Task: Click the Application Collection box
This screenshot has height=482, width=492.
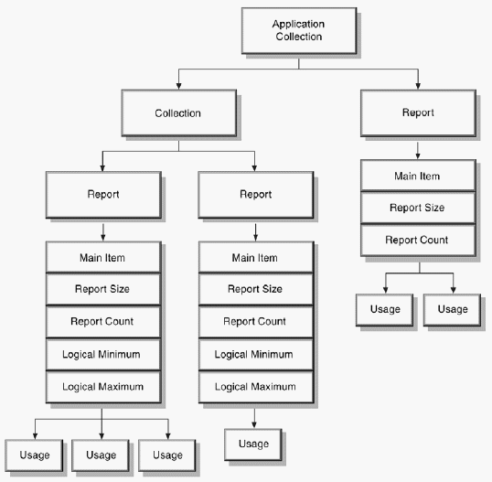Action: click(297, 30)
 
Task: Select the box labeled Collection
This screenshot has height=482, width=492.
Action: click(177, 113)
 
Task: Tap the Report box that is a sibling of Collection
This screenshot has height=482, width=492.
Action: click(417, 113)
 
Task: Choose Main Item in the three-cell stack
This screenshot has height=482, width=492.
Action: click(418, 177)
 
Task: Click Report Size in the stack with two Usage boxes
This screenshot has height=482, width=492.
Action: click(418, 208)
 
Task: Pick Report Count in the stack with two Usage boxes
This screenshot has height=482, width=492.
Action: click(418, 240)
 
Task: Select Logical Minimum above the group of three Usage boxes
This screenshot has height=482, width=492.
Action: click(102, 353)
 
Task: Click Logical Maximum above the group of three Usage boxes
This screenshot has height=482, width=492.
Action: click(102, 386)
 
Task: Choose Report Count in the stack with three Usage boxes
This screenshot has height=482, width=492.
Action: click(102, 321)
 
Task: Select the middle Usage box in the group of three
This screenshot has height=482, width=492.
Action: click(102, 454)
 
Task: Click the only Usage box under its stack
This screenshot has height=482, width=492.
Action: click(253, 444)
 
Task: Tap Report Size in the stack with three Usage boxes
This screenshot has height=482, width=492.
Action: click(102, 289)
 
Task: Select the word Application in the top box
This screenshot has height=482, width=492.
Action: click(297, 23)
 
